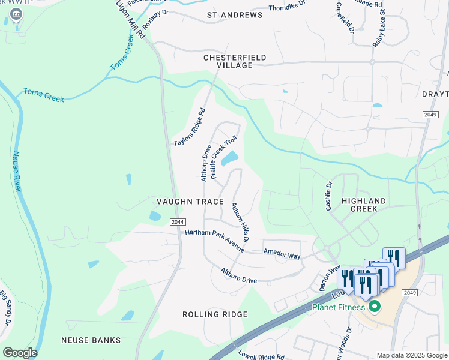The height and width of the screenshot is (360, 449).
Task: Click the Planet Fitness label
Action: click(x=339, y=308)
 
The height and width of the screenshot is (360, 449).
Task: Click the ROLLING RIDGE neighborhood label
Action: click(x=215, y=314)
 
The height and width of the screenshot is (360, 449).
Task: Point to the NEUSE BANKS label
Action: click(x=91, y=340)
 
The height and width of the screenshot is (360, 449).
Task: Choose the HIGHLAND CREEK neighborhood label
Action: click(x=360, y=205)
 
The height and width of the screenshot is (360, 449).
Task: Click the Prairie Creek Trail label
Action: click(x=220, y=156)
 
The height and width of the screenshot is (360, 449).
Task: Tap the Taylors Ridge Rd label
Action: click(x=190, y=127)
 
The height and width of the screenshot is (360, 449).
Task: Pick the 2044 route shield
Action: click(x=177, y=222)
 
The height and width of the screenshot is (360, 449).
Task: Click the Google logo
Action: click(x=20, y=352)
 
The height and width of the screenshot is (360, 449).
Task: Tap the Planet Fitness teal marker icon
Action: click(x=375, y=308)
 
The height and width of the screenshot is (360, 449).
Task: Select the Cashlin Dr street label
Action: click(x=328, y=196)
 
